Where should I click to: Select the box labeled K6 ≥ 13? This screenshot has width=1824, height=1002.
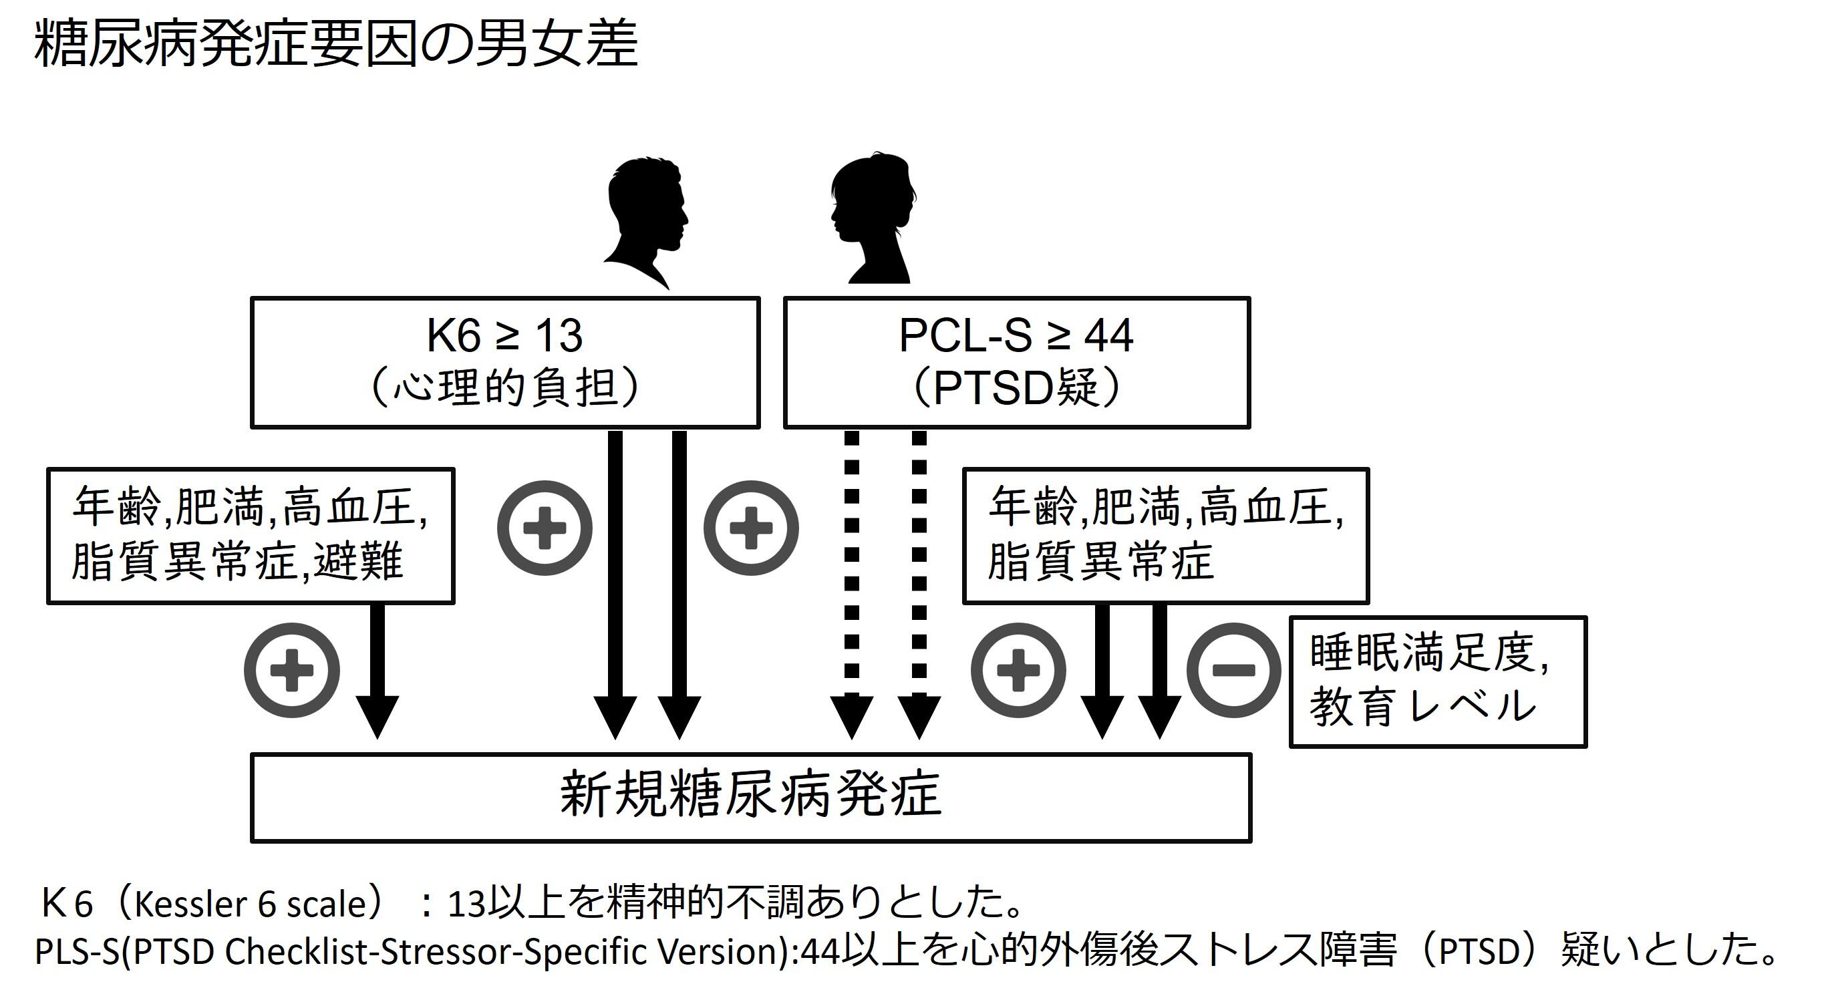click(505, 363)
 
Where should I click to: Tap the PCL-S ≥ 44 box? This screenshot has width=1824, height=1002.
click(1016, 363)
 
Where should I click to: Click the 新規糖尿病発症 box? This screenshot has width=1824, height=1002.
click(750, 798)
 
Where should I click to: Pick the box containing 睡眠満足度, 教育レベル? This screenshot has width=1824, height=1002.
click(1437, 682)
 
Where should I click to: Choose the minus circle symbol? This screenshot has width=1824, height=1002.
click(1233, 670)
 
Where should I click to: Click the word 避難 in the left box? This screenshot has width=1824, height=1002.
click(358, 562)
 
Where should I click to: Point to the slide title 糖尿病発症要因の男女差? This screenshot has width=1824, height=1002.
click(336, 44)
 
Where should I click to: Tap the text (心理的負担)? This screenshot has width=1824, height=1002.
click(505, 388)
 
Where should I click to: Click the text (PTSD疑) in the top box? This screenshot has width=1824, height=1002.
click(1016, 388)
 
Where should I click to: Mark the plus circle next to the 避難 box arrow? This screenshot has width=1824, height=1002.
click(292, 670)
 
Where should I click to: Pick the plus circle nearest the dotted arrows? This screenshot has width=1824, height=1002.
click(750, 528)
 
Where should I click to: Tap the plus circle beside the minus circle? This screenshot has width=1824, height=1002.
click(1018, 670)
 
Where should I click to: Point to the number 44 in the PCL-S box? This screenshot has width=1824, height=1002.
click(1109, 335)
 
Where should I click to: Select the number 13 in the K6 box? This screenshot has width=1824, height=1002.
click(559, 335)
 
